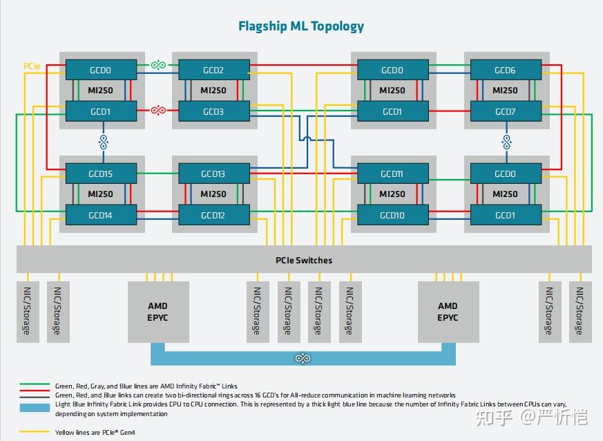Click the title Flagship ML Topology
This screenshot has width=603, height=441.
301,26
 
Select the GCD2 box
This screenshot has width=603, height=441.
213,70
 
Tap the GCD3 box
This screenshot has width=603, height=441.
213,111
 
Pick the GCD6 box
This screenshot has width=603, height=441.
505,70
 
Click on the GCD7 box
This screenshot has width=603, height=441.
505,111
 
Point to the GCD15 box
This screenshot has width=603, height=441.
100,173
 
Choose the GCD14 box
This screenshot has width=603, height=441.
100,215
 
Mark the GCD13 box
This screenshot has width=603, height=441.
213,173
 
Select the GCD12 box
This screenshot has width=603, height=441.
213,215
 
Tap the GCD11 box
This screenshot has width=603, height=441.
392,173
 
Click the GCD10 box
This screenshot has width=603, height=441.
392,215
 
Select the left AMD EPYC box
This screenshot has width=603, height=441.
158,311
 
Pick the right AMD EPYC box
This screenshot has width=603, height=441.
448,311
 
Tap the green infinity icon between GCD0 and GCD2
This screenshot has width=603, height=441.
158,65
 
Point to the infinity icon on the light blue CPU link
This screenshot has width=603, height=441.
303,358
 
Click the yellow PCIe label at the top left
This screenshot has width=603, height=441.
32,66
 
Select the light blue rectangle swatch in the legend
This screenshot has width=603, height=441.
35,409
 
